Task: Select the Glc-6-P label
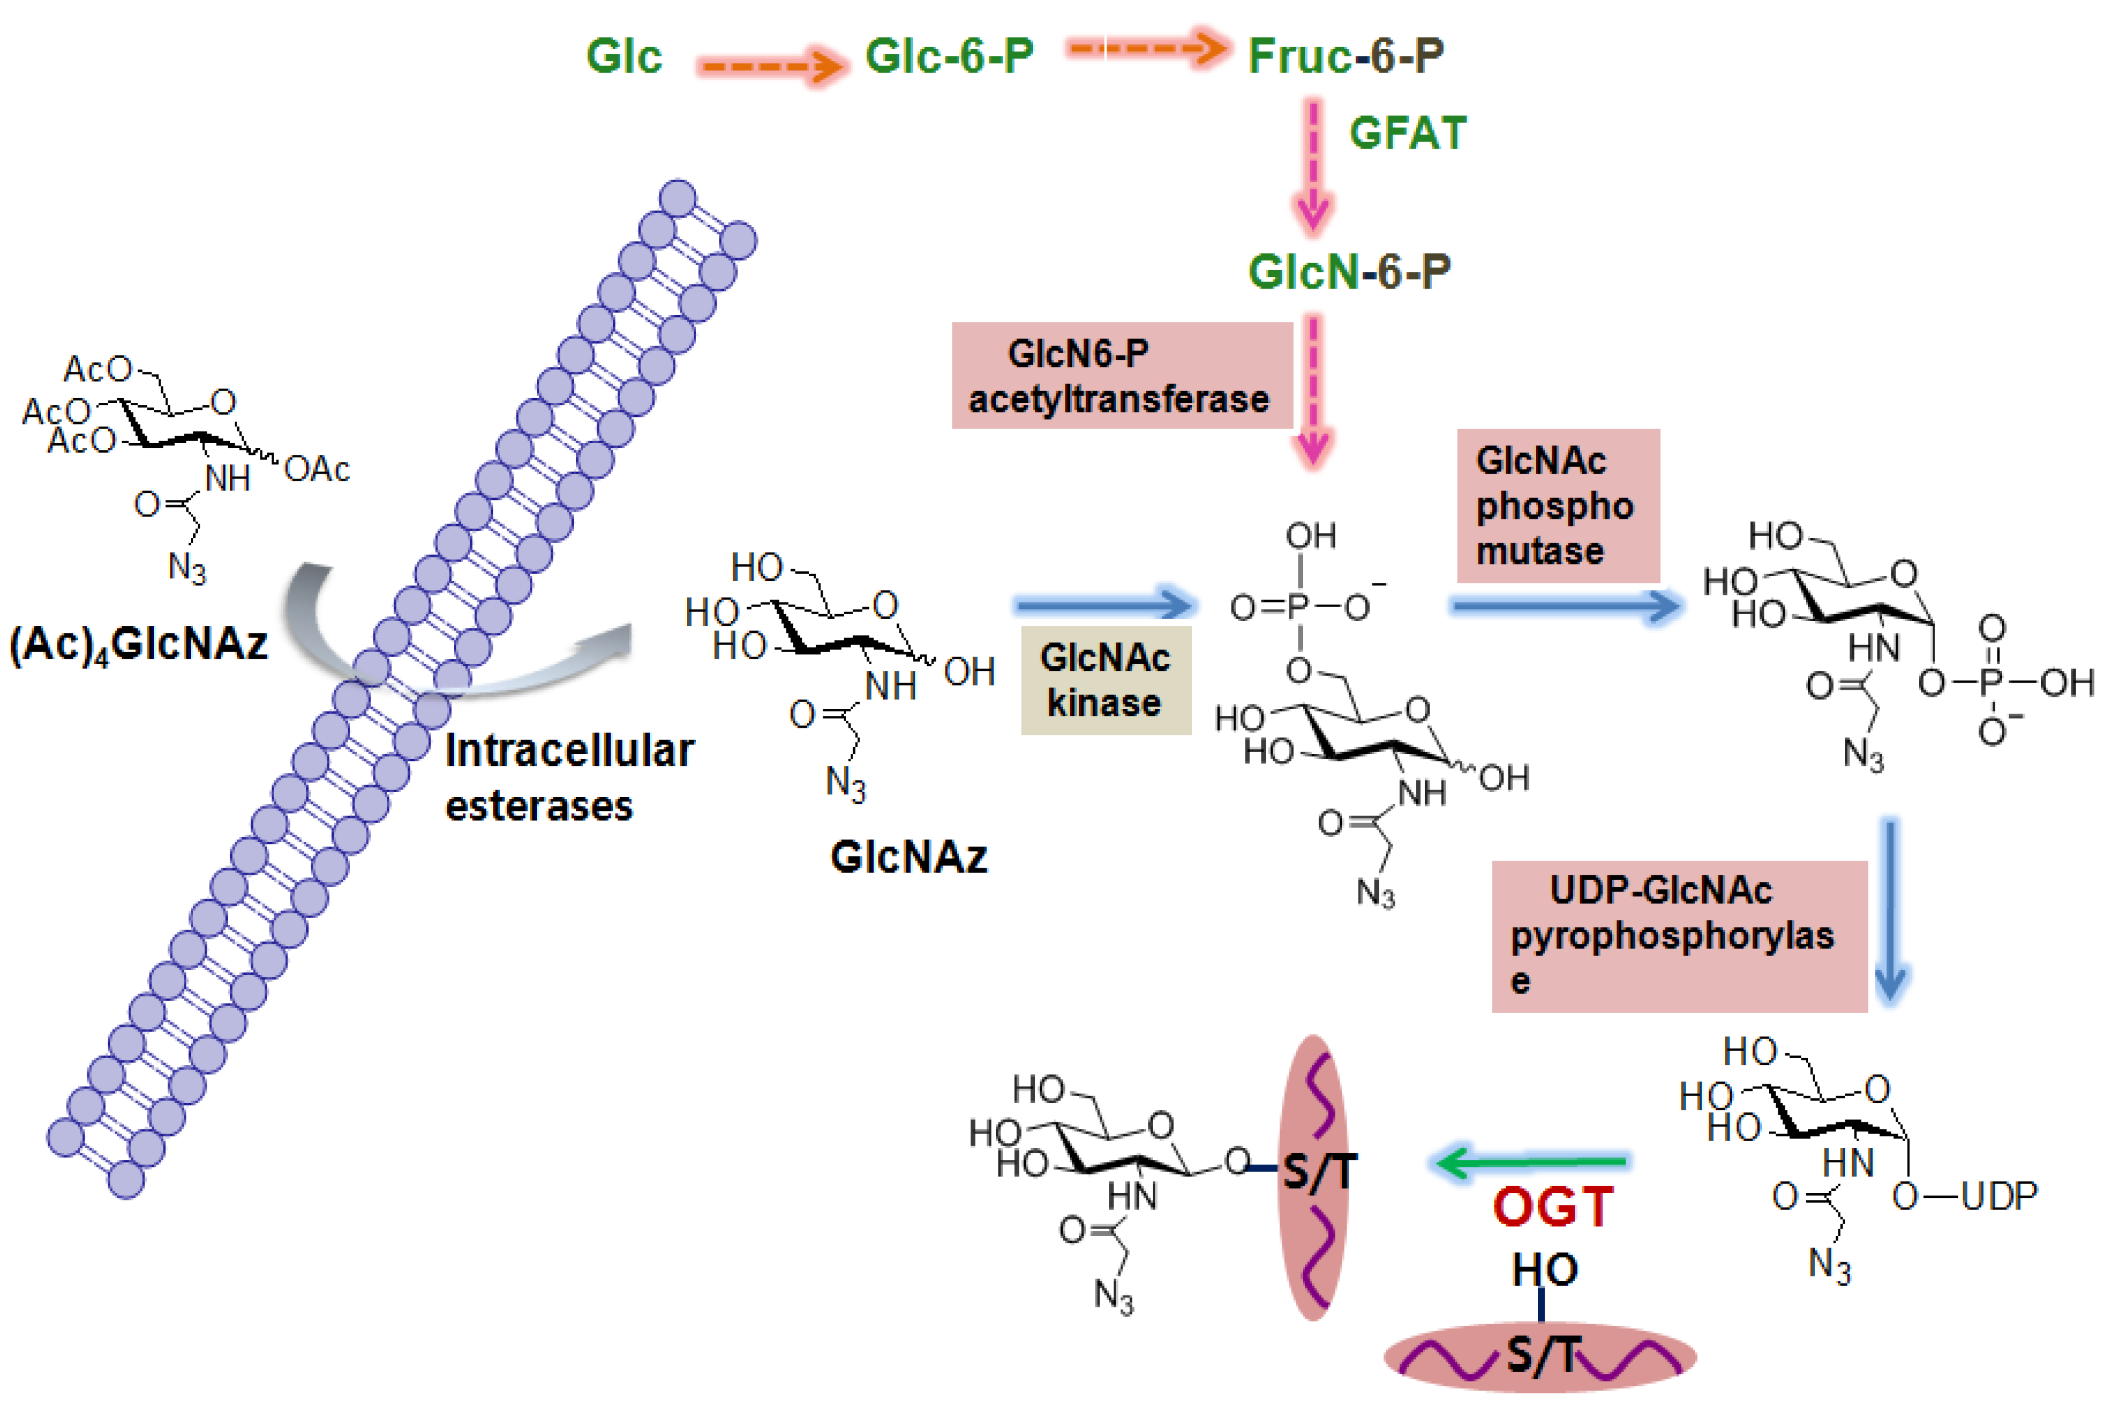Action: (x=949, y=56)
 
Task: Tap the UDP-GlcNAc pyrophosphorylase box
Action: (x=1678, y=935)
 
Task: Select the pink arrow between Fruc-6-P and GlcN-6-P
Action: (x=1313, y=167)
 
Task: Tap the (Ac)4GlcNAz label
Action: (x=138, y=645)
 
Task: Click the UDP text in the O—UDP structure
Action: (x=1998, y=1197)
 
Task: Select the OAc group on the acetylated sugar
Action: (x=316, y=470)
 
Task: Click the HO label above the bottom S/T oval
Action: (x=1545, y=1270)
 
